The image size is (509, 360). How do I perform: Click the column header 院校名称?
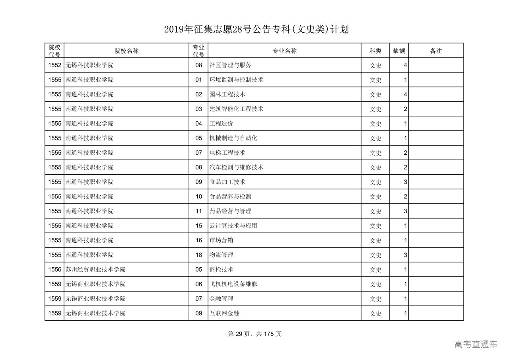pyautogui.click(x=126, y=51)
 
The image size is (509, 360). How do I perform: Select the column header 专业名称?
pyautogui.click(x=284, y=51)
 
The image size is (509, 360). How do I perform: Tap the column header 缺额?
pyautogui.click(x=399, y=51)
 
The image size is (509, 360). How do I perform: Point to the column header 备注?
pyautogui.click(x=436, y=51)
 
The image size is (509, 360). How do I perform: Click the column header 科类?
pyautogui.click(x=375, y=51)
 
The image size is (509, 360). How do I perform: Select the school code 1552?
pyautogui.click(x=54, y=65)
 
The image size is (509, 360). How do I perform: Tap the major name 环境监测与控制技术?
pyautogui.click(x=236, y=80)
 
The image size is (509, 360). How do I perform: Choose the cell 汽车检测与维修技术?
pyautogui.click(x=236, y=167)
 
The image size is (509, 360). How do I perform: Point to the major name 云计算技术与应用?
pyautogui.click(x=233, y=226)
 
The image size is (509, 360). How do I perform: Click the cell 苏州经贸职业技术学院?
pyautogui.click(x=95, y=269)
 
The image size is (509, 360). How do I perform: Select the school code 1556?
pyautogui.click(x=54, y=269)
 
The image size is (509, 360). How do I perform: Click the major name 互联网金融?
pyautogui.click(x=224, y=313)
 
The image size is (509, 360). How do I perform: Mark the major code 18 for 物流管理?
pyautogui.click(x=198, y=255)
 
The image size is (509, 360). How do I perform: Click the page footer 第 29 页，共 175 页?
pyautogui.click(x=254, y=334)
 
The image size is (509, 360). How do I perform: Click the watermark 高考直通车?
pyautogui.click(x=476, y=344)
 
